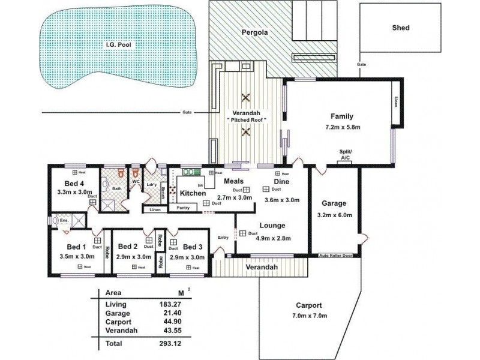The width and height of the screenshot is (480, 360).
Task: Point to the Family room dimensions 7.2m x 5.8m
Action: (x=343, y=127)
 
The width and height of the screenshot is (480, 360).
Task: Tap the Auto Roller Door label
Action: (x=339, y=255)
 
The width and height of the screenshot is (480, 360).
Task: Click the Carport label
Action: (x=308, y=304)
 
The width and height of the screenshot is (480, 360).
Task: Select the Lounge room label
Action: (x=272, y=226)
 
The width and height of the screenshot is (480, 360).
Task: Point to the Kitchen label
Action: (x=193, y=194)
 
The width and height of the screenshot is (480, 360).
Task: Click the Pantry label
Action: (x=184, y=208)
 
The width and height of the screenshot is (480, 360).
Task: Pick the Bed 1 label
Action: (x=76, y=247)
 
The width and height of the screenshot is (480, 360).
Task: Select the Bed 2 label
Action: (x=128, y=247)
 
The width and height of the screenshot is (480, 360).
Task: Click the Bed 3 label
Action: (x=193, y=247)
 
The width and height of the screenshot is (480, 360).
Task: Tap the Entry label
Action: (x=223, y=238)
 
